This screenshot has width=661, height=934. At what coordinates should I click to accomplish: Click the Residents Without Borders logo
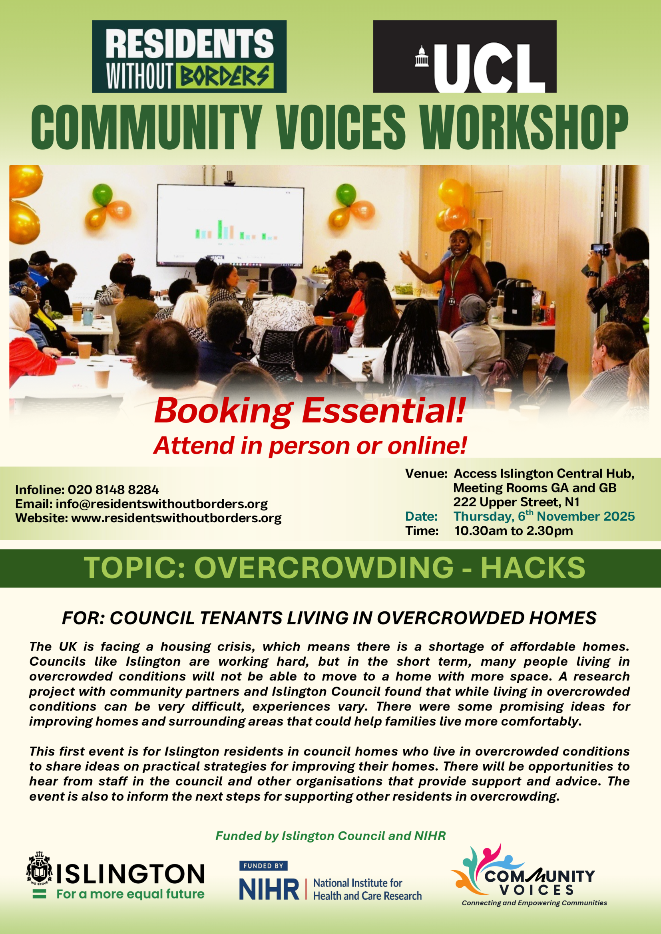pyautogui.click(x=189, y=57)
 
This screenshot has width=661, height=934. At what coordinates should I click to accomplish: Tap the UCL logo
pyautogui.click(x=465, y=57)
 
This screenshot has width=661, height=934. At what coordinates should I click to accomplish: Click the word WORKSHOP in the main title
pyautogui.click(x=524, y=127)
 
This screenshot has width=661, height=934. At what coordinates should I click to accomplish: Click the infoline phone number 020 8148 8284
pyautogui.click(x=113, y=490)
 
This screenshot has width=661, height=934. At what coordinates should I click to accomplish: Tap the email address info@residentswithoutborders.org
pyautogui.click(x=161, y=504)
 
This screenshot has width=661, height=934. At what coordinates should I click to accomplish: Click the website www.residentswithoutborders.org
pyautogui.click(x=176, y=518)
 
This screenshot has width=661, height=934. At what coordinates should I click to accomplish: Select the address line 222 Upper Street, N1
pyautogui.click(x=516, y=502)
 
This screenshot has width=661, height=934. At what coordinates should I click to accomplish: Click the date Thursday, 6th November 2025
pyautogui.click(x=544, y=516)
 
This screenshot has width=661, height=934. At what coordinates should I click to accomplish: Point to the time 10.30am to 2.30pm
pyautogui.click(x=513, y=530)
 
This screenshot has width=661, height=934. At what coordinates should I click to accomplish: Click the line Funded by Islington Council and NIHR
pyautogui.click(x=330, y=835)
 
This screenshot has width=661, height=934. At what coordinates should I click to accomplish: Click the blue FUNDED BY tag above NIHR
pyautogui.click(x=263, y=866)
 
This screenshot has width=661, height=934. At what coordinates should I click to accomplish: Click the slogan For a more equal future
pyautogui.click(x=130, y=894)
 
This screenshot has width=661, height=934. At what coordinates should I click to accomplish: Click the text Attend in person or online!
pyautogui.click(x=310, y=446)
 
